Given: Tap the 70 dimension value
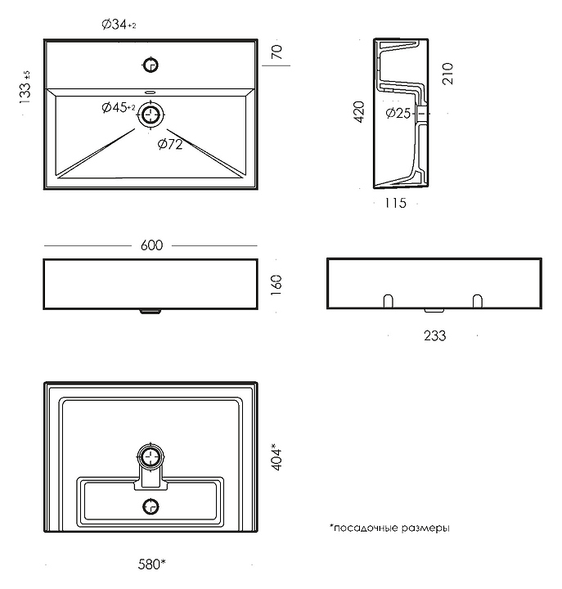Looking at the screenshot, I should click(x=277, y=52).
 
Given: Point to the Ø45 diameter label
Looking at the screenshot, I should click(x=118, y=108).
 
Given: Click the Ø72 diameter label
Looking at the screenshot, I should click(x=170, y=145).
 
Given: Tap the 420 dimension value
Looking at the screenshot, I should click(x=357, y=112).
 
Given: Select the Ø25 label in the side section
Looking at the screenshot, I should click(x=398, y=113).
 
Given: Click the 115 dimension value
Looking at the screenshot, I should click(x=394, y=203).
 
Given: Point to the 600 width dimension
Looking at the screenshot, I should click(x=151, y=245).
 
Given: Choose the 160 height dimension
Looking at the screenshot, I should click(x=277, y=284).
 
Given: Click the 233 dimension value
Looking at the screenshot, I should click(x=434, y=335).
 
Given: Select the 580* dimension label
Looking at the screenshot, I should click(x=151, y=564).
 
